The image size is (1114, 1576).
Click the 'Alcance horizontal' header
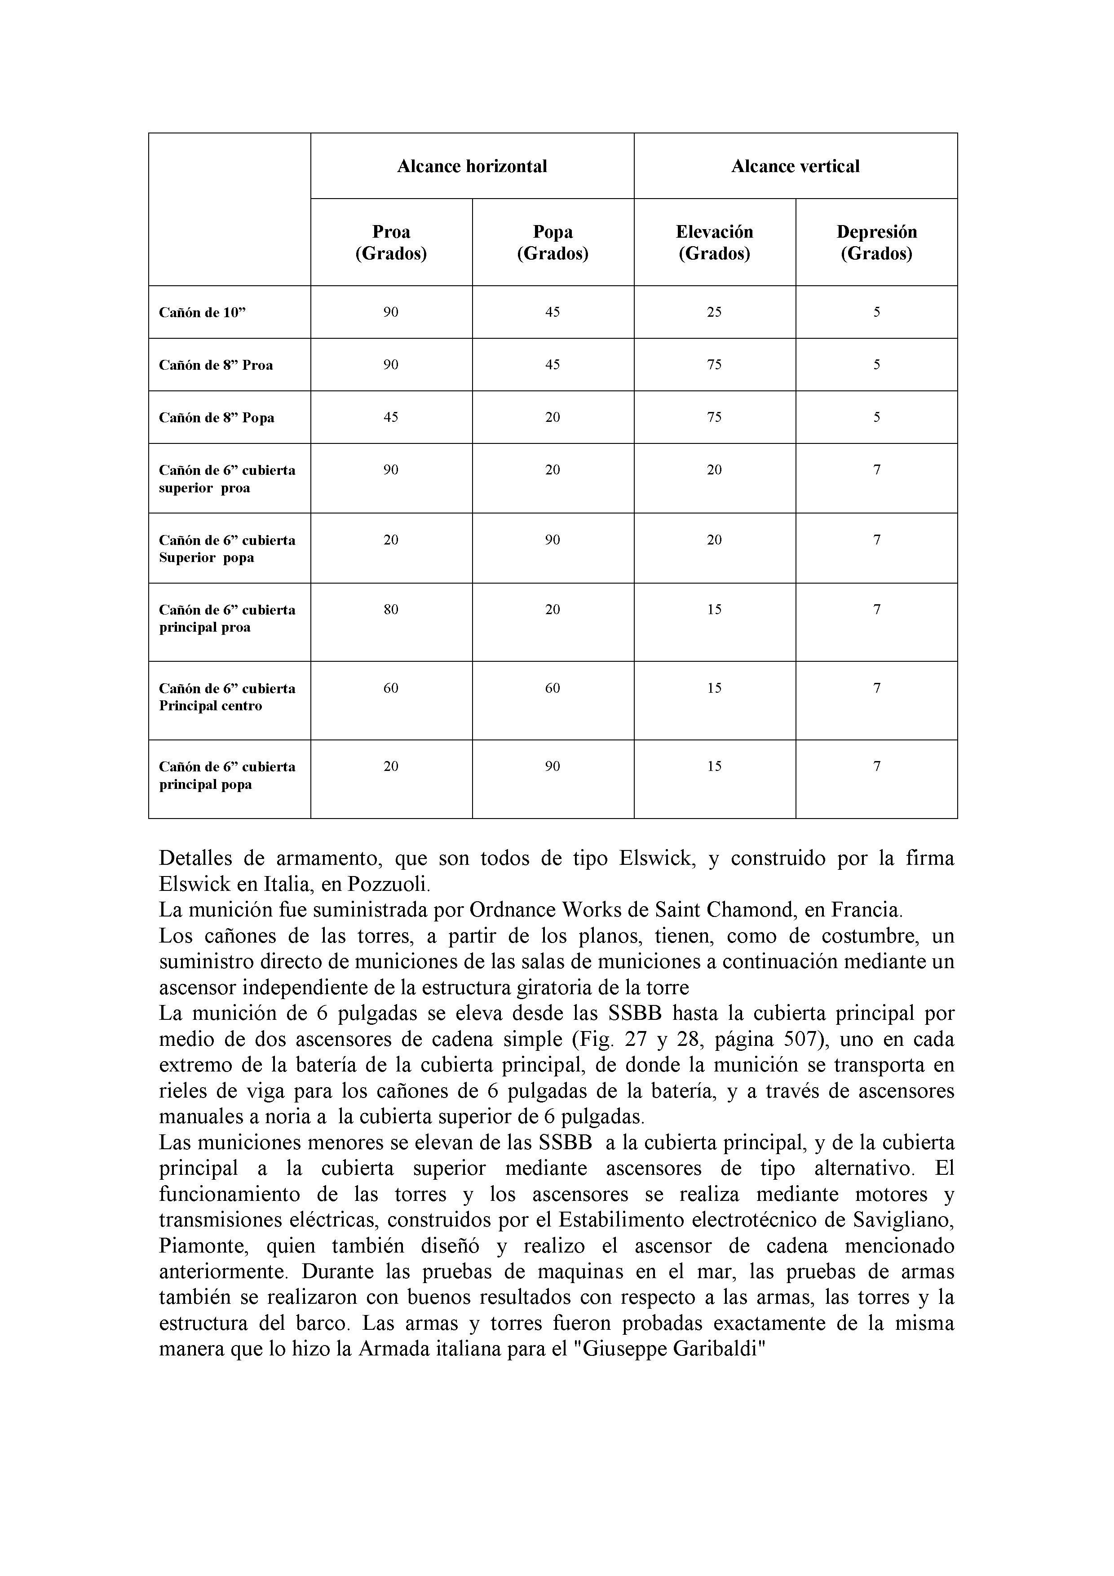click(x=472, y=166)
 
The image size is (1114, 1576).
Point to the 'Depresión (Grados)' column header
click(x=876, y=242)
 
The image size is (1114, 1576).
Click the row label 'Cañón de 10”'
click(x=203, y=312)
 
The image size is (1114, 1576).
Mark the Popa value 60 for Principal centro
click(x=552, y=688)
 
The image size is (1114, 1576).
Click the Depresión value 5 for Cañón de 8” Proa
click(x=876, y=364)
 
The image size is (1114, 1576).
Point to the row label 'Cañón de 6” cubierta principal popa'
click(x=226, y=775)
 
